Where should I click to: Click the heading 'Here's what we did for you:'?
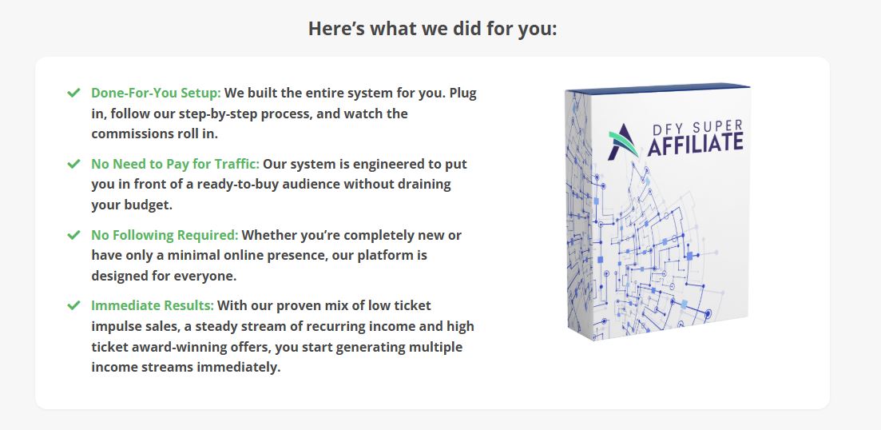pos(433,29)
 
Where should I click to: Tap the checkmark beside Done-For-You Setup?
pos(73,93)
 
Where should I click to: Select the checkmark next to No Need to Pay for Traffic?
pos(73,164)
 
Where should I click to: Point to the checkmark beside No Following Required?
pos(73,235)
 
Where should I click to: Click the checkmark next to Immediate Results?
pos(73,306)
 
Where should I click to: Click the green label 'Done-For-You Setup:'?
pos(157,93)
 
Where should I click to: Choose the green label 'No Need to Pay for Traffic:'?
pos(175,164)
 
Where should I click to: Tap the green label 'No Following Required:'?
pos(165,235)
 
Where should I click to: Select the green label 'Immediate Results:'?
pos(153,306)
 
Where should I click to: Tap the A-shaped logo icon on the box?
pos(623,141)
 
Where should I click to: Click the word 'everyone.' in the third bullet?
pos(209,276)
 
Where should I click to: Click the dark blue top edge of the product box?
pos(658,88)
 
